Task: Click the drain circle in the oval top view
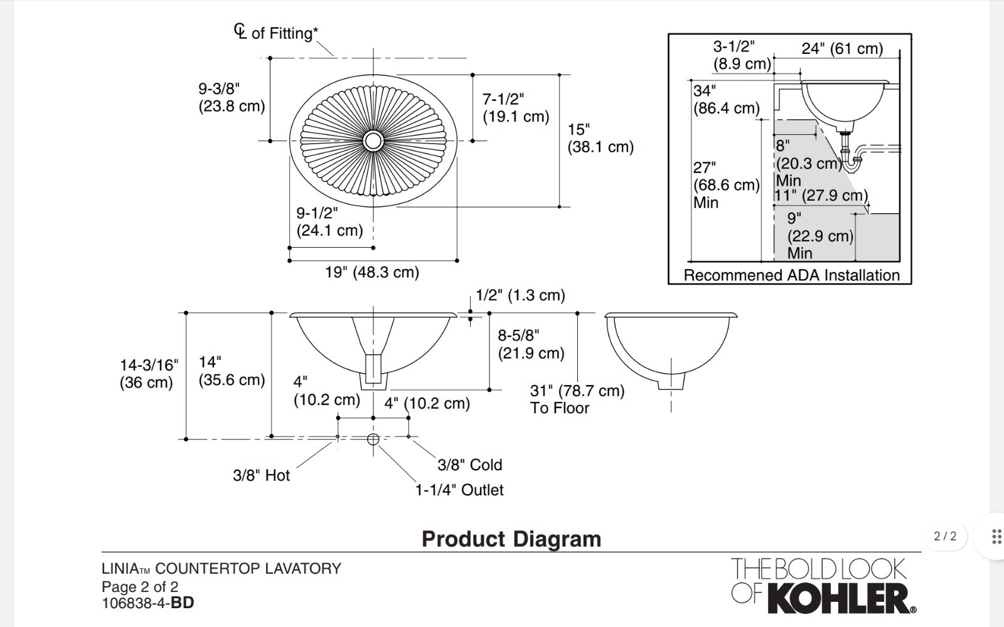click(373, 140)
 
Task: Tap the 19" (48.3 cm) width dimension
click(371, 272)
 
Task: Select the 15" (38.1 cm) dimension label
click(600, 138)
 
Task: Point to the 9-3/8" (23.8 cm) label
click(232, 97)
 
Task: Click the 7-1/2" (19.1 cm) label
click(515, 108)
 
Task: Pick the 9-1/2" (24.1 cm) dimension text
click(329, 222)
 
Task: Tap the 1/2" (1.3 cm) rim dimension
click(520, 295)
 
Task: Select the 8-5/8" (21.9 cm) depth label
click(531, 344)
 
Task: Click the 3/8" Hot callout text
click(261, 475)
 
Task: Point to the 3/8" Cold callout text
click(469, 465)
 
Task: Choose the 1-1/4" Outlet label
click(459, 490)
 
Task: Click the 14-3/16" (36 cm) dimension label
click(149, 373)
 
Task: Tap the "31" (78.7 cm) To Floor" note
click(577, 399)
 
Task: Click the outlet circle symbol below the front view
click(373, 439)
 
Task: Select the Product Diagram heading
click(511, 539)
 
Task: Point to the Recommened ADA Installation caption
click(791, 275)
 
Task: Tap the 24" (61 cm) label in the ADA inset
click(842, 48)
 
